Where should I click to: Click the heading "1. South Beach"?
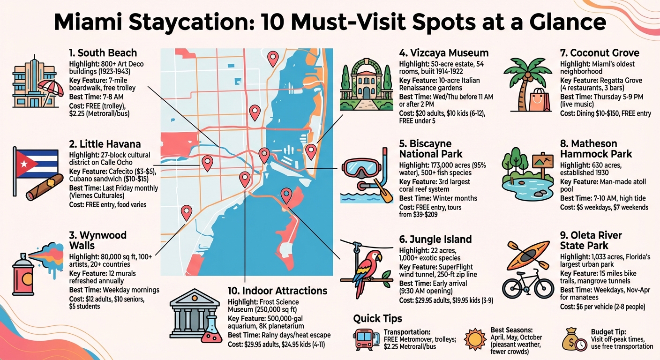[x=103, y=52]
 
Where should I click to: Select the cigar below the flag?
[x=44, y=187]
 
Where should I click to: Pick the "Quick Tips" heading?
[x=377, y=319]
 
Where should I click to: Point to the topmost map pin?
[x=272, y=59]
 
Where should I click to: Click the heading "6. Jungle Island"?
[x=435, y=240]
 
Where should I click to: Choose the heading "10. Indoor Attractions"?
[x=277, y=290]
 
